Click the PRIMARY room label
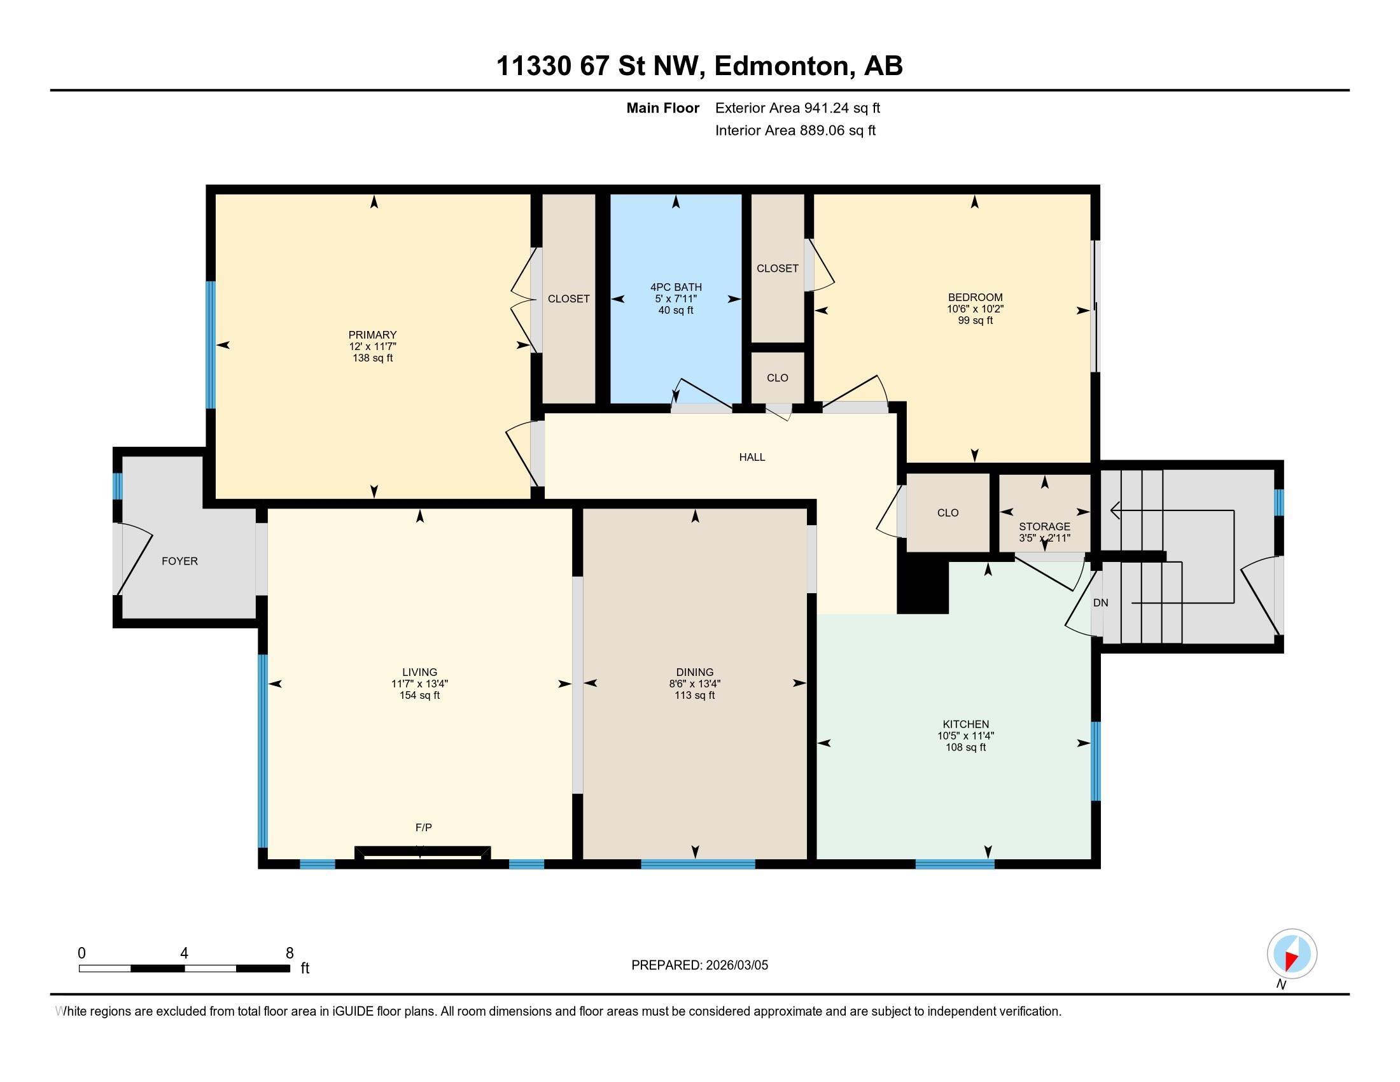tap(372, 335)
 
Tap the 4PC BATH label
tap(676, 287)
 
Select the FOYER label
tap(179, 561)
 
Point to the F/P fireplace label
tap(424, 827)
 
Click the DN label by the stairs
tap(1101, 603)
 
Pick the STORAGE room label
tap(1044, 526)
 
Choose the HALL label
tap(752, 457)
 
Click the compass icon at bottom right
tap(1292, 953)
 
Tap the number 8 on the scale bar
tap(290, 953)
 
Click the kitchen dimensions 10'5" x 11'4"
tap(965, 736)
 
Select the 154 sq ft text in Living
tap(419, 696)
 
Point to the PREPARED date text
tap(699, 965)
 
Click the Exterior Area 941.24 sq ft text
tap(797, 108)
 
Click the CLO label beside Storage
tap(948, 513)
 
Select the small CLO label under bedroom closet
tap(778, 377)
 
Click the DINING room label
tap(695, 672)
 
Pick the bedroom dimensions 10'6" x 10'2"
tap(975, 309)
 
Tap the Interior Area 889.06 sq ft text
tap(795, 130)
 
